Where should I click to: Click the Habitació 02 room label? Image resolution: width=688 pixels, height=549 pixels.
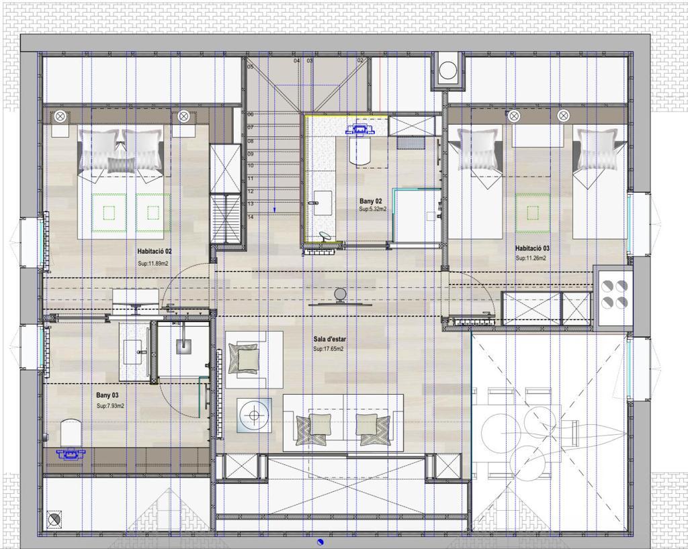(154, 252)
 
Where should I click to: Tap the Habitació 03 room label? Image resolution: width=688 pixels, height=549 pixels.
(532, 248)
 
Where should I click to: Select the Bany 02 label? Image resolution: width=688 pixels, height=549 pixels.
(371, 201)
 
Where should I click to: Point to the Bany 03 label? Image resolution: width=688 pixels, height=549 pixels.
(107, 395)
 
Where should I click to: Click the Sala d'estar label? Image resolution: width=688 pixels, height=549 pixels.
(329, 339)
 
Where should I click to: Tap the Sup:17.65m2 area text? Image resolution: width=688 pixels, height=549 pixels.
(328, 349)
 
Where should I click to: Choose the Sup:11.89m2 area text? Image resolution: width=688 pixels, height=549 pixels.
(153, 264)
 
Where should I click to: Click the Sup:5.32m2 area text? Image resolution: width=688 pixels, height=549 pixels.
(373, 209)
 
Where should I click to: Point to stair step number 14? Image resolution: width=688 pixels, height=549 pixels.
(251, 217)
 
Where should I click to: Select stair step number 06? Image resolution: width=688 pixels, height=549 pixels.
(251, 114)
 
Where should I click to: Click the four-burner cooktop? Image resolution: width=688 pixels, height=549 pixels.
(614, 295)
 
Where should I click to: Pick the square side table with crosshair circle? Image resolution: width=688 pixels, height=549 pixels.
(254, 415)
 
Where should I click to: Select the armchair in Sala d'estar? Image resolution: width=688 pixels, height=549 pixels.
(254, 359)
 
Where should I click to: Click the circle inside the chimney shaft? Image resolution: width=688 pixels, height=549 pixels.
(448, 70)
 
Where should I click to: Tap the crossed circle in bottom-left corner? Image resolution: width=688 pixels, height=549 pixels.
(54, 520)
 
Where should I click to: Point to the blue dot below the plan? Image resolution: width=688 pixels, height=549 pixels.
(320, 542)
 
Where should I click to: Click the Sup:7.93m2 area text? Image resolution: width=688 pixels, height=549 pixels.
(110, 406)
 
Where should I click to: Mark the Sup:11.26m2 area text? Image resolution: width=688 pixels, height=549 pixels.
(531, 258)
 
